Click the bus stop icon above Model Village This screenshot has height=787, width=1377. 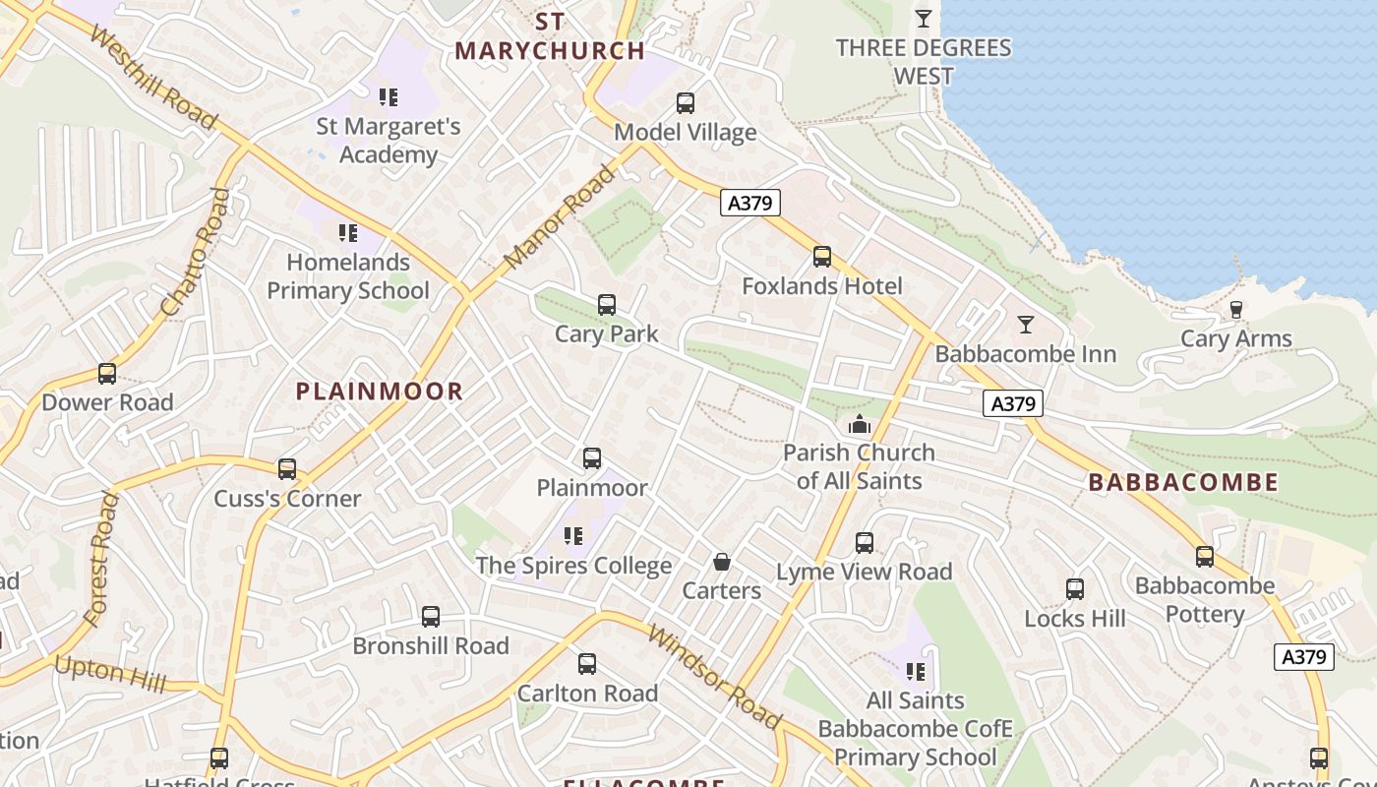[x=686, y=102]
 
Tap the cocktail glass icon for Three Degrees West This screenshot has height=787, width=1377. [x=923, y=19]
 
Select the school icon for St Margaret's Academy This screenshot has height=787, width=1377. [x=389, y=96]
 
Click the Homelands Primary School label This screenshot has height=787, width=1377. [x=348, y=276]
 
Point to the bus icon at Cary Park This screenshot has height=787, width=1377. [x=607, y=305]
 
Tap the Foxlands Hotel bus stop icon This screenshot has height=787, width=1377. [x=822, y=258]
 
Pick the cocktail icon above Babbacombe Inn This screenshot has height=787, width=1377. [x=1026, y=325]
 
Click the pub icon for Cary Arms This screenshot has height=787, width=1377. [x=1236, y=310]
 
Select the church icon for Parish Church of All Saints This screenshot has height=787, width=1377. [x=860, y=425]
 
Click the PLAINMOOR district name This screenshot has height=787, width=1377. [x=380, y=392]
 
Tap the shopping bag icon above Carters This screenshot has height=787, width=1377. [x=722, y=562]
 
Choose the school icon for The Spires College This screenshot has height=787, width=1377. [x=573, y=536]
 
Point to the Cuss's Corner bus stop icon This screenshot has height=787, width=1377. [x=287, y=469]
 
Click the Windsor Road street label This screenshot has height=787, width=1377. [x=714, y=676]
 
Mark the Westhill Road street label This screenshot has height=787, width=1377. [x=152, y=78]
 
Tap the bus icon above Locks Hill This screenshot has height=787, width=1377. [x=1075, y=589]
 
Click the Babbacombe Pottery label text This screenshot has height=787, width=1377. [x=1205, y=600]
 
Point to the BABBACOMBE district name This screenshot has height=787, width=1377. [x=1183, y=483]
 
